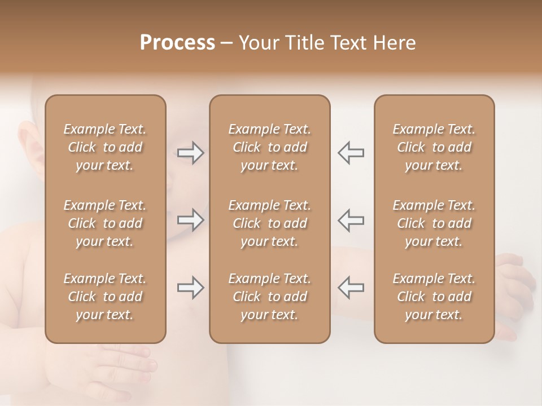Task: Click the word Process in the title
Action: coord(177,43)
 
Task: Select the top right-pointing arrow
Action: coord(190,152)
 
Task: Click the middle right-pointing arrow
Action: coord(190,220)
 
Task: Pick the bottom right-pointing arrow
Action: coord(190,288)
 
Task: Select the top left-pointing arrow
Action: coord(351,152)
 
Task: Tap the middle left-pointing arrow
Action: coord(351,220)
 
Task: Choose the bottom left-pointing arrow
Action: coord(351,288)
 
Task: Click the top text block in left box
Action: coord(105,147)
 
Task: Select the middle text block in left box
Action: coord(105,223)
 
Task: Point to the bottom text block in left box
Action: coord(105,297)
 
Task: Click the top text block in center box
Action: coord(269,147)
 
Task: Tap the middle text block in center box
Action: coord(269,223)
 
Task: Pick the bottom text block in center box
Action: coord(269,297)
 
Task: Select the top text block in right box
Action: coord(434,147)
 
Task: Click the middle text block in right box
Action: coord(434,223)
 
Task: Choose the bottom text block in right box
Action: coord(434,297)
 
